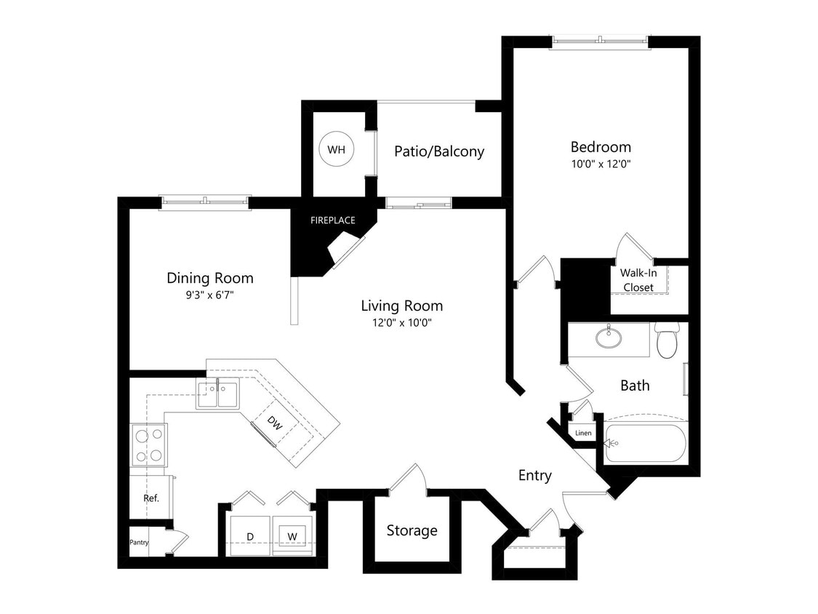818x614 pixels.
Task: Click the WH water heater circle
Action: (x=336, y=150)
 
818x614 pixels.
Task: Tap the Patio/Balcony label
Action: (x=439, y=151)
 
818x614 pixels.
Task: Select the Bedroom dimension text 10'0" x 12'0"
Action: (x=600, y=164)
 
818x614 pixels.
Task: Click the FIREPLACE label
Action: (x=332, y=220)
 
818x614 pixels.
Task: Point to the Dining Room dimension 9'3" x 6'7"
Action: (x=209, y=295)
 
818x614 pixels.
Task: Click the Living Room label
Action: (x=402, y=306)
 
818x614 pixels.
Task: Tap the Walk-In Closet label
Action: (x=637, y=280)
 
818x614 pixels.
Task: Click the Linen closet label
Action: (x=583, y=434)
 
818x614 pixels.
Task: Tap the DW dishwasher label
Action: (x=274, y=421)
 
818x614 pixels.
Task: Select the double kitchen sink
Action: (x=218, y=396)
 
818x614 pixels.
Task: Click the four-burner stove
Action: (x=148, y=444)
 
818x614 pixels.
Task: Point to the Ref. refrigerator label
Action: (x=151, y=498)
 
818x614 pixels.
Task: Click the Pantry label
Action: (x=139, y=542)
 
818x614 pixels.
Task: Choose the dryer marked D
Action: (x=250, y=536)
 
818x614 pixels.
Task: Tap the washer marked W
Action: (x=293, y=536)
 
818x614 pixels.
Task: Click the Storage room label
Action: (x=412, y=530)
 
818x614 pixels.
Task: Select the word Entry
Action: (x=534, y=475)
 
